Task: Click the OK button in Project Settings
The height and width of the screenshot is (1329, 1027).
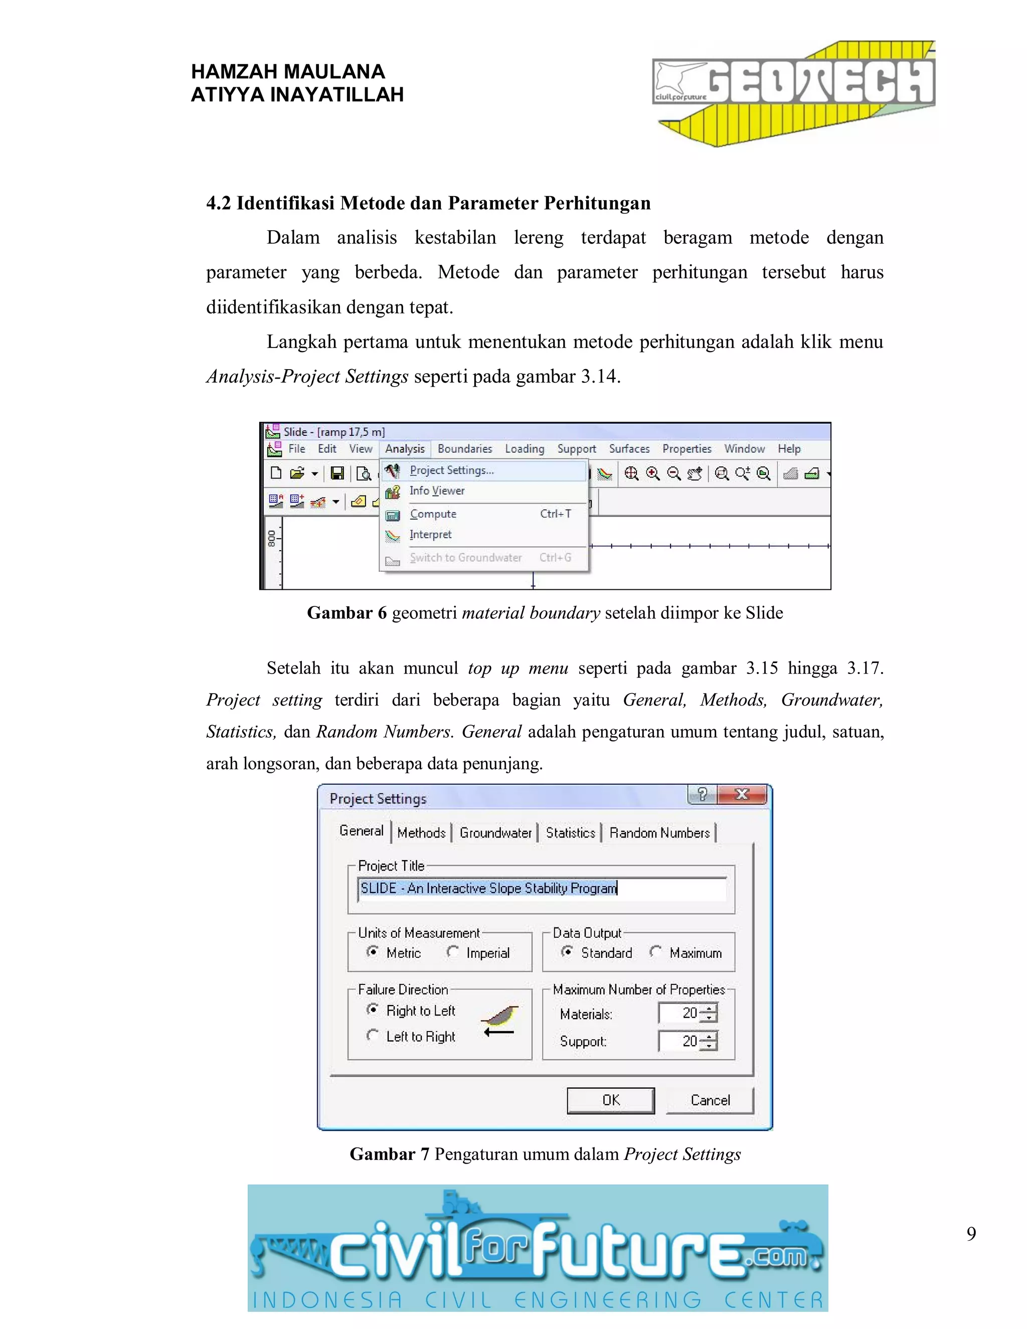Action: point(610,1100)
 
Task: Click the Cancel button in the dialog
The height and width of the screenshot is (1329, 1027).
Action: point(710,1100)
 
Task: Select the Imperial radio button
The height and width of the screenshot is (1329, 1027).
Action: point(453,952)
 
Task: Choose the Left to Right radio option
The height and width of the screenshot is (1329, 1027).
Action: point(373,1035)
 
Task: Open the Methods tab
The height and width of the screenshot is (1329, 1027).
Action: point(421,833)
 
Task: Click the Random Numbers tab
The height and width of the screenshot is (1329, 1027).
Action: point(659,833)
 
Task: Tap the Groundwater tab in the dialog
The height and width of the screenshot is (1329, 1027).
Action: point(495,833)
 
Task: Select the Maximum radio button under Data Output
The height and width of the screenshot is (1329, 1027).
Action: point(656,952)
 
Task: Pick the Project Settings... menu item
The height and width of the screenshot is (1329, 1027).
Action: point(451,470)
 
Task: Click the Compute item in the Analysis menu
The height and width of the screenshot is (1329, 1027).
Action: point(433,514)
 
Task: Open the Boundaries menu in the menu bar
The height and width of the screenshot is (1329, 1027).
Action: point(465,448)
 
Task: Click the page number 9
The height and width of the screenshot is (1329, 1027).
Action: point(971,1234)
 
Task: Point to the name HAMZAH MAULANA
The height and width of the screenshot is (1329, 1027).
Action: point(288,72)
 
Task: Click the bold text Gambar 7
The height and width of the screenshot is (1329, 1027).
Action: point(389,1154)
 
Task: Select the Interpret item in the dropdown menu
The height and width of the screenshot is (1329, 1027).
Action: point(430,534)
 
